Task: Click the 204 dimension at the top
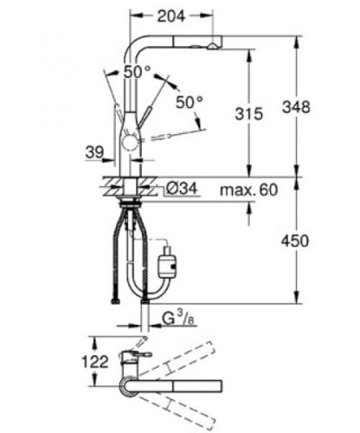(170, 15)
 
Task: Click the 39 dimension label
(96, 152)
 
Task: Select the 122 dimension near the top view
(96, 361)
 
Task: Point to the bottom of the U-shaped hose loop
(137, 295)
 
